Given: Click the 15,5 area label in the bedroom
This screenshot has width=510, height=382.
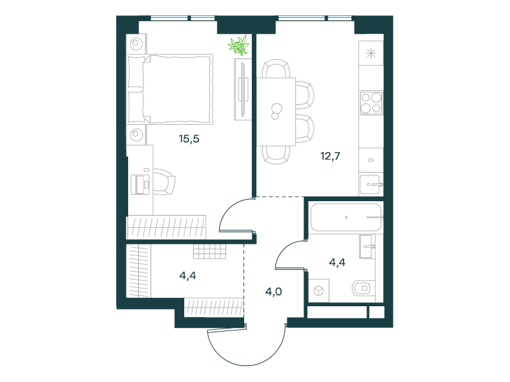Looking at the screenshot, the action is [x=189, y=139].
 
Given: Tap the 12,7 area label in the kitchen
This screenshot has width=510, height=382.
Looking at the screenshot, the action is [x=330, y=156].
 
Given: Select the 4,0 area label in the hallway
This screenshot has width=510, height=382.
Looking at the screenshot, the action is [x=273, y=292].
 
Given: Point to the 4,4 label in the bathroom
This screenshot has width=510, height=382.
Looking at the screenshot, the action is [x=337, y=262].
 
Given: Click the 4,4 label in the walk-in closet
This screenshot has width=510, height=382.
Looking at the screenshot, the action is [x=187, y=276].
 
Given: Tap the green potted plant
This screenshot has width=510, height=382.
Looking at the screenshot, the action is [x=238, y=45].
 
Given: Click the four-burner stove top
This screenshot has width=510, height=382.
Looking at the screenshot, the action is [x=371, y=103].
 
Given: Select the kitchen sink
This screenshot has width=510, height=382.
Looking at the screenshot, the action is [x=371, y=185].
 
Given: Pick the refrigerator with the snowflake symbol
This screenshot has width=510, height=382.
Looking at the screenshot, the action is [x=371, y=53].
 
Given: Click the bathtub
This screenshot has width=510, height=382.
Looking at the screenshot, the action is [x=346, y=217].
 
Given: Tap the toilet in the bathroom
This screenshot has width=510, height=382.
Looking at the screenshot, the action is [x=361, y=288].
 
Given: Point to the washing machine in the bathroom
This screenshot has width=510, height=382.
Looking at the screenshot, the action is [x=319, y=291].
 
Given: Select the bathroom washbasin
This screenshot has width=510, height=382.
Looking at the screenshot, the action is [x=367, y=246].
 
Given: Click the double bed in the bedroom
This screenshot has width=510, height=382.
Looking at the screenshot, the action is [x=170, y=89].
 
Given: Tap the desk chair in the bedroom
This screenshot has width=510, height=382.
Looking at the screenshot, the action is [x=164, y=182].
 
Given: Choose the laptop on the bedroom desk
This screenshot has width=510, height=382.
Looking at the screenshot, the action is [x=140, y=185].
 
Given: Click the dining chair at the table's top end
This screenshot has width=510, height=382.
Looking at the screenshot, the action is [x=276, y=69].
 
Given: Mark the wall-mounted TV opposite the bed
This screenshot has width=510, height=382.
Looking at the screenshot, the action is [x=243, y=89].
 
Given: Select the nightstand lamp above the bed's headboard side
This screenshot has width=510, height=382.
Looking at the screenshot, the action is [x=136, y=43].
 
